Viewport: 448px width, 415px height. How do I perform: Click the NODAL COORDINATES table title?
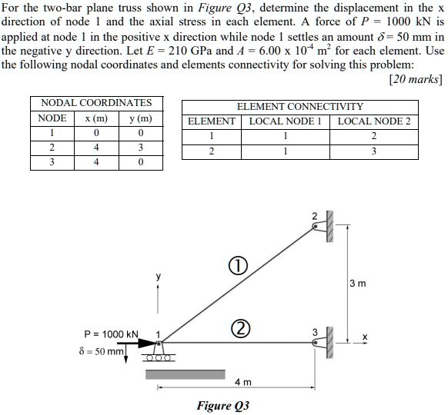[96, 102]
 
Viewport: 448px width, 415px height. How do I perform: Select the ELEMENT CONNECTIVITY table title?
[300, 107]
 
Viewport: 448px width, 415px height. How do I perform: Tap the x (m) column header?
[96, 118]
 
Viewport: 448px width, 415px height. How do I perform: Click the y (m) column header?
[140, 118]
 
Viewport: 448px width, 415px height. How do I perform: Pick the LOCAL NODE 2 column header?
[374, 121]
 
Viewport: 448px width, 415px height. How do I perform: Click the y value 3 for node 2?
[140, 148]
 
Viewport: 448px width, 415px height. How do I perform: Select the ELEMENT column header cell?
[212, 121]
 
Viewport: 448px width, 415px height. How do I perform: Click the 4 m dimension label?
[242, 382]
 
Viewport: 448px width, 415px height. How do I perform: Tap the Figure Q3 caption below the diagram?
[223, 405]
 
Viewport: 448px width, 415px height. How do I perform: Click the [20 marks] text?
[416, 78]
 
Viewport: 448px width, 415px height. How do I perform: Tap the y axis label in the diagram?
[160, 276]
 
